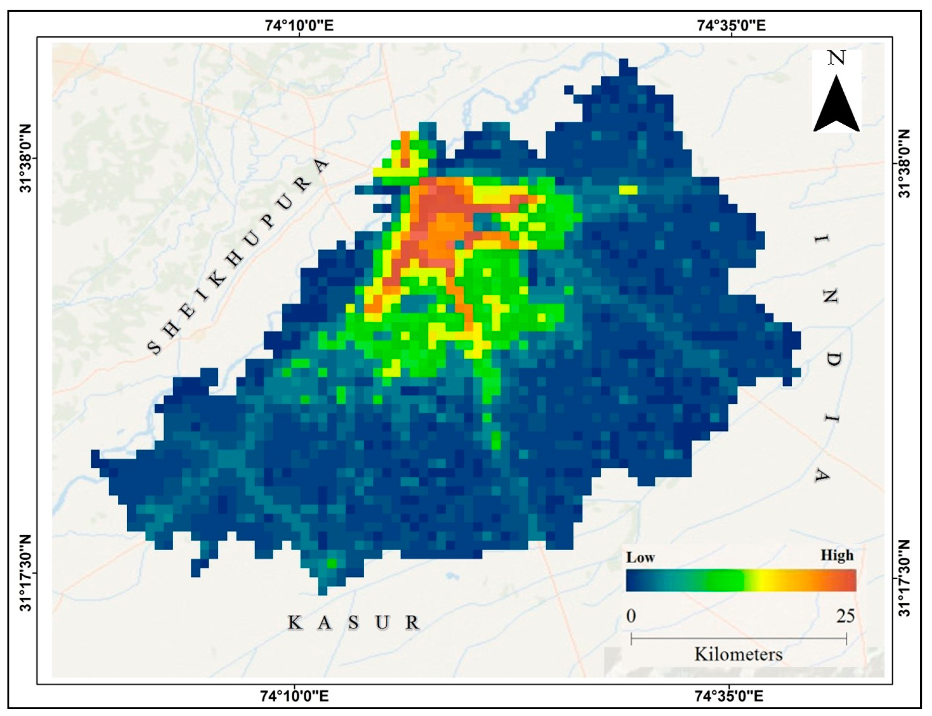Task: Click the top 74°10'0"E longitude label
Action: click(x=299, y=26)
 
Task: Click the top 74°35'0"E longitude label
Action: click(x=731, y=26)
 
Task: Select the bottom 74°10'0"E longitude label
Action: click(x=294, y=696)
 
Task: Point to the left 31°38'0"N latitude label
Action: click(x=26, y=159)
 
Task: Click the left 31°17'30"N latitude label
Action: click(x=26, y=573)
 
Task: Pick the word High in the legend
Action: click(x=837, y=555)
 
